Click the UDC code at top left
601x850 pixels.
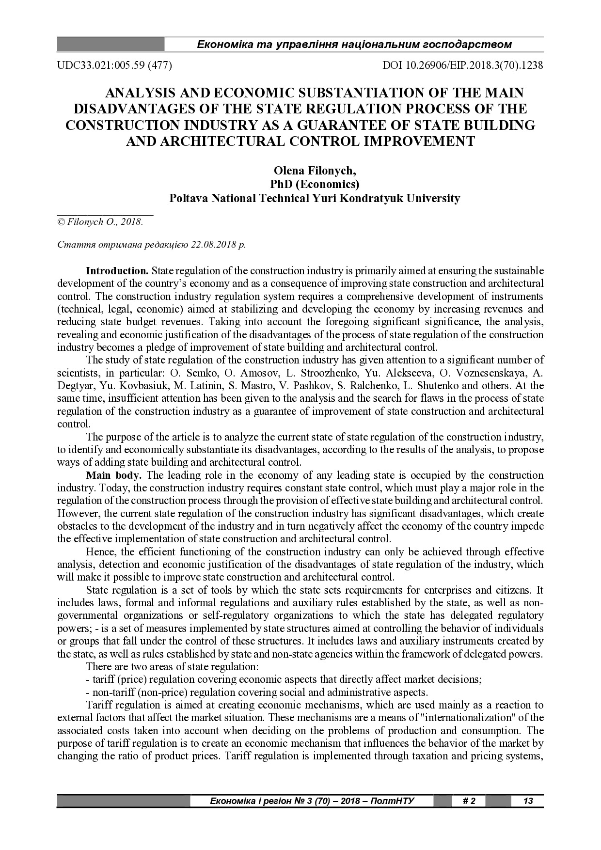tap(115, 65)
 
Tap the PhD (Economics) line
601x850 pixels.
tap(315, 185)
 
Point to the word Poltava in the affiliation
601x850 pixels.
tap(187, 198)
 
